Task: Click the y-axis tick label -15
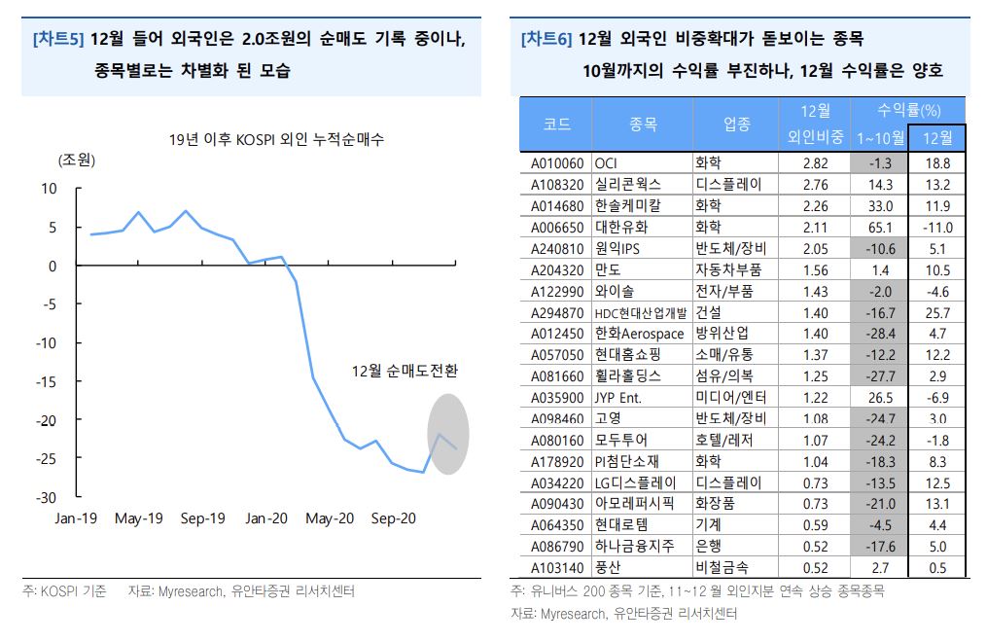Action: pyautogui.click(x=48, y=381)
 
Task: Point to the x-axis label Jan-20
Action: pyautogui.click(x=266, y=518)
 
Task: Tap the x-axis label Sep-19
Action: pyautogui.click(x=202, y=518)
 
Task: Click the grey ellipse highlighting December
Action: pyautogui.click(x=448, y=433)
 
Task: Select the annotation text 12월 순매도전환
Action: pyautogui.click(x=405, y=371)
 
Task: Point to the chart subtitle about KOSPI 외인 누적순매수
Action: pyautogui.click(x=275, y=138)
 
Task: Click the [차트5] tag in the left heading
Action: pyautogui.click(x=57, y=40)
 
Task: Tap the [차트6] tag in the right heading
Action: pyautogui.click(x=546, y=40)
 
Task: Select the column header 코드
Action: pyautogui.click(x=557, y=124)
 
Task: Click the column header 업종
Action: pyautogui.click(x=737, y=124)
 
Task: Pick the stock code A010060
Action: pyautogui.click(x=557, y=163)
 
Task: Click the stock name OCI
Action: pyautogui.click(x=606, y=163)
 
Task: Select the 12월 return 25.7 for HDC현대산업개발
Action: pyautogui.click(x=937, y=312)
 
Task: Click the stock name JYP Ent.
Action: pyautogui.click(x=618, y=397)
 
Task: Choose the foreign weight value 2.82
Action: pyautogui.click(x=816, y=163)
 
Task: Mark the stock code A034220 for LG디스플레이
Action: pyautogui.click(x=557, y=482)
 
